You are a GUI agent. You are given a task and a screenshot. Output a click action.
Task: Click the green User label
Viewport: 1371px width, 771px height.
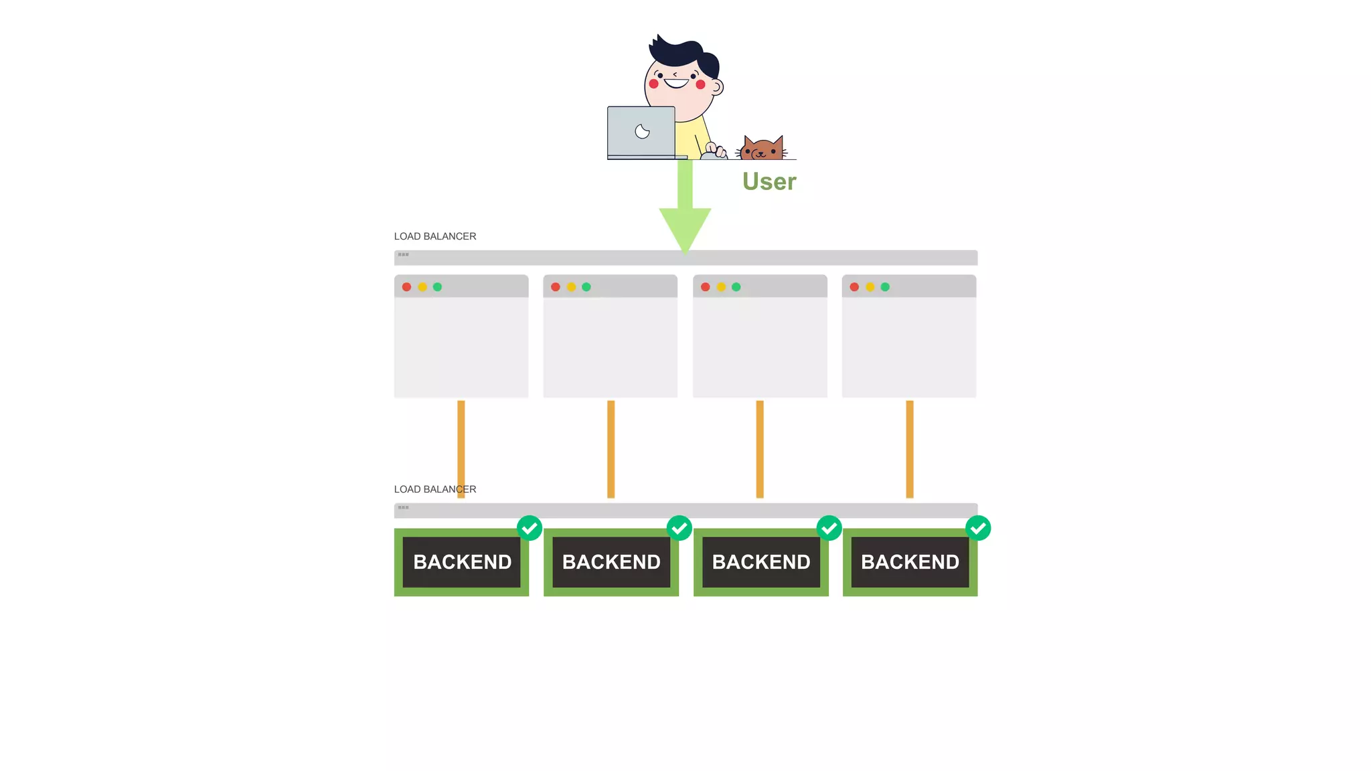coord(769,181)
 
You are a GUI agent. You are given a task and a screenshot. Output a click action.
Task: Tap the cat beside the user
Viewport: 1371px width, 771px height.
coord(762,149)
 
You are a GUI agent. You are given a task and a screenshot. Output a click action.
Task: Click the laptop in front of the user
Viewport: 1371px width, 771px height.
coord(641,132)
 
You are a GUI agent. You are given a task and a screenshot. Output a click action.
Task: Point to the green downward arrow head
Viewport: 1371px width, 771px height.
coord(685,228)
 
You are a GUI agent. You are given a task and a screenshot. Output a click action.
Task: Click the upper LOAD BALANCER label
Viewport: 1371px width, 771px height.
coord(435,236)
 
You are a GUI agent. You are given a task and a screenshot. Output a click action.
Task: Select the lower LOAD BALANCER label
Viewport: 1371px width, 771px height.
coord(435,489)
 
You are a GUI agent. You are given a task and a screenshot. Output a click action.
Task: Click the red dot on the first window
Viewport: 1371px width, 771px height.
coord(406,287)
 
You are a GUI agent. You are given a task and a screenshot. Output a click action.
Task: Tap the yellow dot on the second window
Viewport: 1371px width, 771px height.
coord(571,287)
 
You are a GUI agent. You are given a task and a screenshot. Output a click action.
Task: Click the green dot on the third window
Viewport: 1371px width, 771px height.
coord(736,287)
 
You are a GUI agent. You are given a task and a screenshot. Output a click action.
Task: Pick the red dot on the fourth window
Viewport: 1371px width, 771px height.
coord(854,287)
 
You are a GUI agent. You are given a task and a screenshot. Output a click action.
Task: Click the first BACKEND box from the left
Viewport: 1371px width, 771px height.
coord(462,562)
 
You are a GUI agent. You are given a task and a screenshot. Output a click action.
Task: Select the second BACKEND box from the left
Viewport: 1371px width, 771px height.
coord(611,562)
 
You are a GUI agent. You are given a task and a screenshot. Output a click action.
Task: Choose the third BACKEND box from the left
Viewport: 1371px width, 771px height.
coord(761,562)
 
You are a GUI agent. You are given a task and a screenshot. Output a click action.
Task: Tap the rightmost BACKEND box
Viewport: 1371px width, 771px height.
coord(910,562)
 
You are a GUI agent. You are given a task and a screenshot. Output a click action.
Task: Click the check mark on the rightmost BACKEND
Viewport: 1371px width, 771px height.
coord(978,528)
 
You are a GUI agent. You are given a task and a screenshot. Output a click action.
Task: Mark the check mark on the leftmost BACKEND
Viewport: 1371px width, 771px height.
coord(530,528)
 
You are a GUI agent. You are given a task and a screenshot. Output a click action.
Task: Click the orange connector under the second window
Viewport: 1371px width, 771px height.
coord(611,448)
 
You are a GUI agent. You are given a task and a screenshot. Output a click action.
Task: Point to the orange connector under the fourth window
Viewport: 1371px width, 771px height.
coord(910,448)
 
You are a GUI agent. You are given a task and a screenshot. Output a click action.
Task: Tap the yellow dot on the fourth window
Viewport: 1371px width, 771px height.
coord(870,287)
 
